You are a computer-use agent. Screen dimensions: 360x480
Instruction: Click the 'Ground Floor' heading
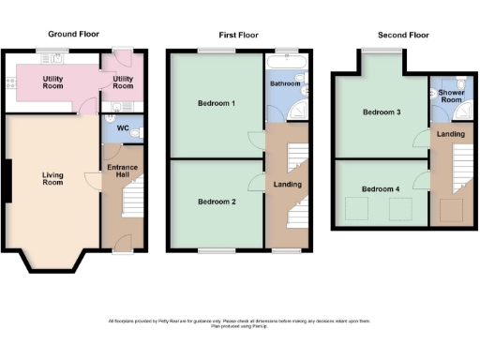pos(73,34)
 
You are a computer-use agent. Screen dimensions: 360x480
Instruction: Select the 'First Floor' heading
pos(239,34)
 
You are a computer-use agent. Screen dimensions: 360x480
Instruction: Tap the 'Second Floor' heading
pos(403,34)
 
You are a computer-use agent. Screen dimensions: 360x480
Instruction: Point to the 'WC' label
pos(122,128)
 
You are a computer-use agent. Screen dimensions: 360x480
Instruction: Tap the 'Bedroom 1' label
pos(216,103)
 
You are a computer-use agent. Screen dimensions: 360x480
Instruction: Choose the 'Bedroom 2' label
pos(216,202)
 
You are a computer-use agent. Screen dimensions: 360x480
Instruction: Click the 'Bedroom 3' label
pos(382,112)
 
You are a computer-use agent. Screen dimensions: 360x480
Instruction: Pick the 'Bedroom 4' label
pos(382,188)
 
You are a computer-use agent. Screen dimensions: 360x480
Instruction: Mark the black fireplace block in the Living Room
pos(7,181)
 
